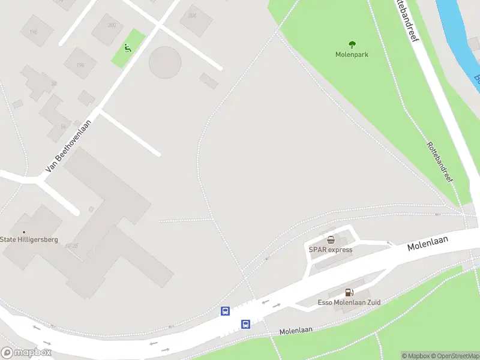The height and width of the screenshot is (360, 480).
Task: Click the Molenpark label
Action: [x=352, y=55]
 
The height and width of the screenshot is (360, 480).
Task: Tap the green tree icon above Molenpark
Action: [x=352, y=44]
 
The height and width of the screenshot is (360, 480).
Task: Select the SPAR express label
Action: [x=331, y=250]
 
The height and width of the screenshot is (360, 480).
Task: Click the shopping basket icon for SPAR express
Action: [x=331, y=240]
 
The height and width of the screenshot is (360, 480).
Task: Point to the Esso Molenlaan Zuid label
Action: [x=349, y=302]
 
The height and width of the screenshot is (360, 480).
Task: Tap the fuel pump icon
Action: [x=349, y=293]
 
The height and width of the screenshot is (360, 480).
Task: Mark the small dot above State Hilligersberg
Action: [x=24, y=232]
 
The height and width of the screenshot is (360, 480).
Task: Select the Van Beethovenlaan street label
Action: [x=68, y=146]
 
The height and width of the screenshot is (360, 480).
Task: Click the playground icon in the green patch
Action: [x=128, y=48]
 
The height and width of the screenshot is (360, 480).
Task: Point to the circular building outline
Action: [x=165, y=62]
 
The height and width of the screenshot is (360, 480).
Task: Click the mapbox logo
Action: [x=26, y=353]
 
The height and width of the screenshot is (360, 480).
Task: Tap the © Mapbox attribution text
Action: [x=415, y=356]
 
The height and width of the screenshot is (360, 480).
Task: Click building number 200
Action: [x=112, y=25]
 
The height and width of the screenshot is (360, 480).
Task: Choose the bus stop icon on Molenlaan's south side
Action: [x=245, y=325]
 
